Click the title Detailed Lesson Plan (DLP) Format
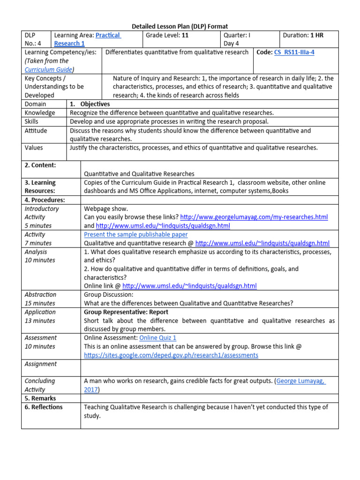(x=180, y=27)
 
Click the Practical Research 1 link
(x=87, y=39)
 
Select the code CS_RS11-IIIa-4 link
(x=294, y=52)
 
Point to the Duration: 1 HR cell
(x=310, y=35)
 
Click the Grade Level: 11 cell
(x=167, y=35)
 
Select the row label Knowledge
(x=40, y=112)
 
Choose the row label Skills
(x=33, y=121)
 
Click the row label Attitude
(x=36, y=131)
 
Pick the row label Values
(x=34, y=148)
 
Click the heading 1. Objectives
(x=90, y=104)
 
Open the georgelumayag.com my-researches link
(x=254, y=217)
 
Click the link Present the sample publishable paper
(x=136, y=234)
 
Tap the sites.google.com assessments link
(x=171, y=355)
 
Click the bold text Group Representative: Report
(x=126, y=312)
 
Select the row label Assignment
(x=41, y=364)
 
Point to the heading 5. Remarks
(x=40, y=398)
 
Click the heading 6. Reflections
(x=44, y=407)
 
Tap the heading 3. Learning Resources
(x=40, y=187)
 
